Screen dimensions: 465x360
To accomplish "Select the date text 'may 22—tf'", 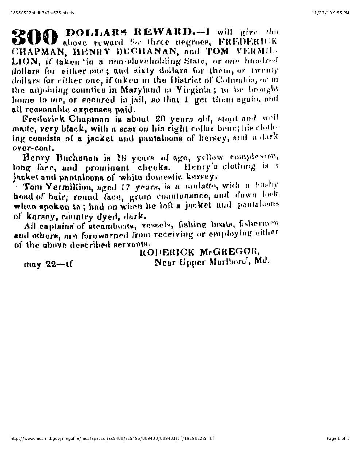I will pyautogui.click(x=48, y=264).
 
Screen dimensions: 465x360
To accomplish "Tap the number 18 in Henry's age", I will pyautogui.click(x=121, y=158).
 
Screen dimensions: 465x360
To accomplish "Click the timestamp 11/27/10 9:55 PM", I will pyautogui.click(x=330, y=13).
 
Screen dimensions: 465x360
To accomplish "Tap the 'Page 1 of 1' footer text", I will pyautogui.click(x=338, y=438).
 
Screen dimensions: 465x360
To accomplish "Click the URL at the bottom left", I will pyautogui.click(x=113, y=438).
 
